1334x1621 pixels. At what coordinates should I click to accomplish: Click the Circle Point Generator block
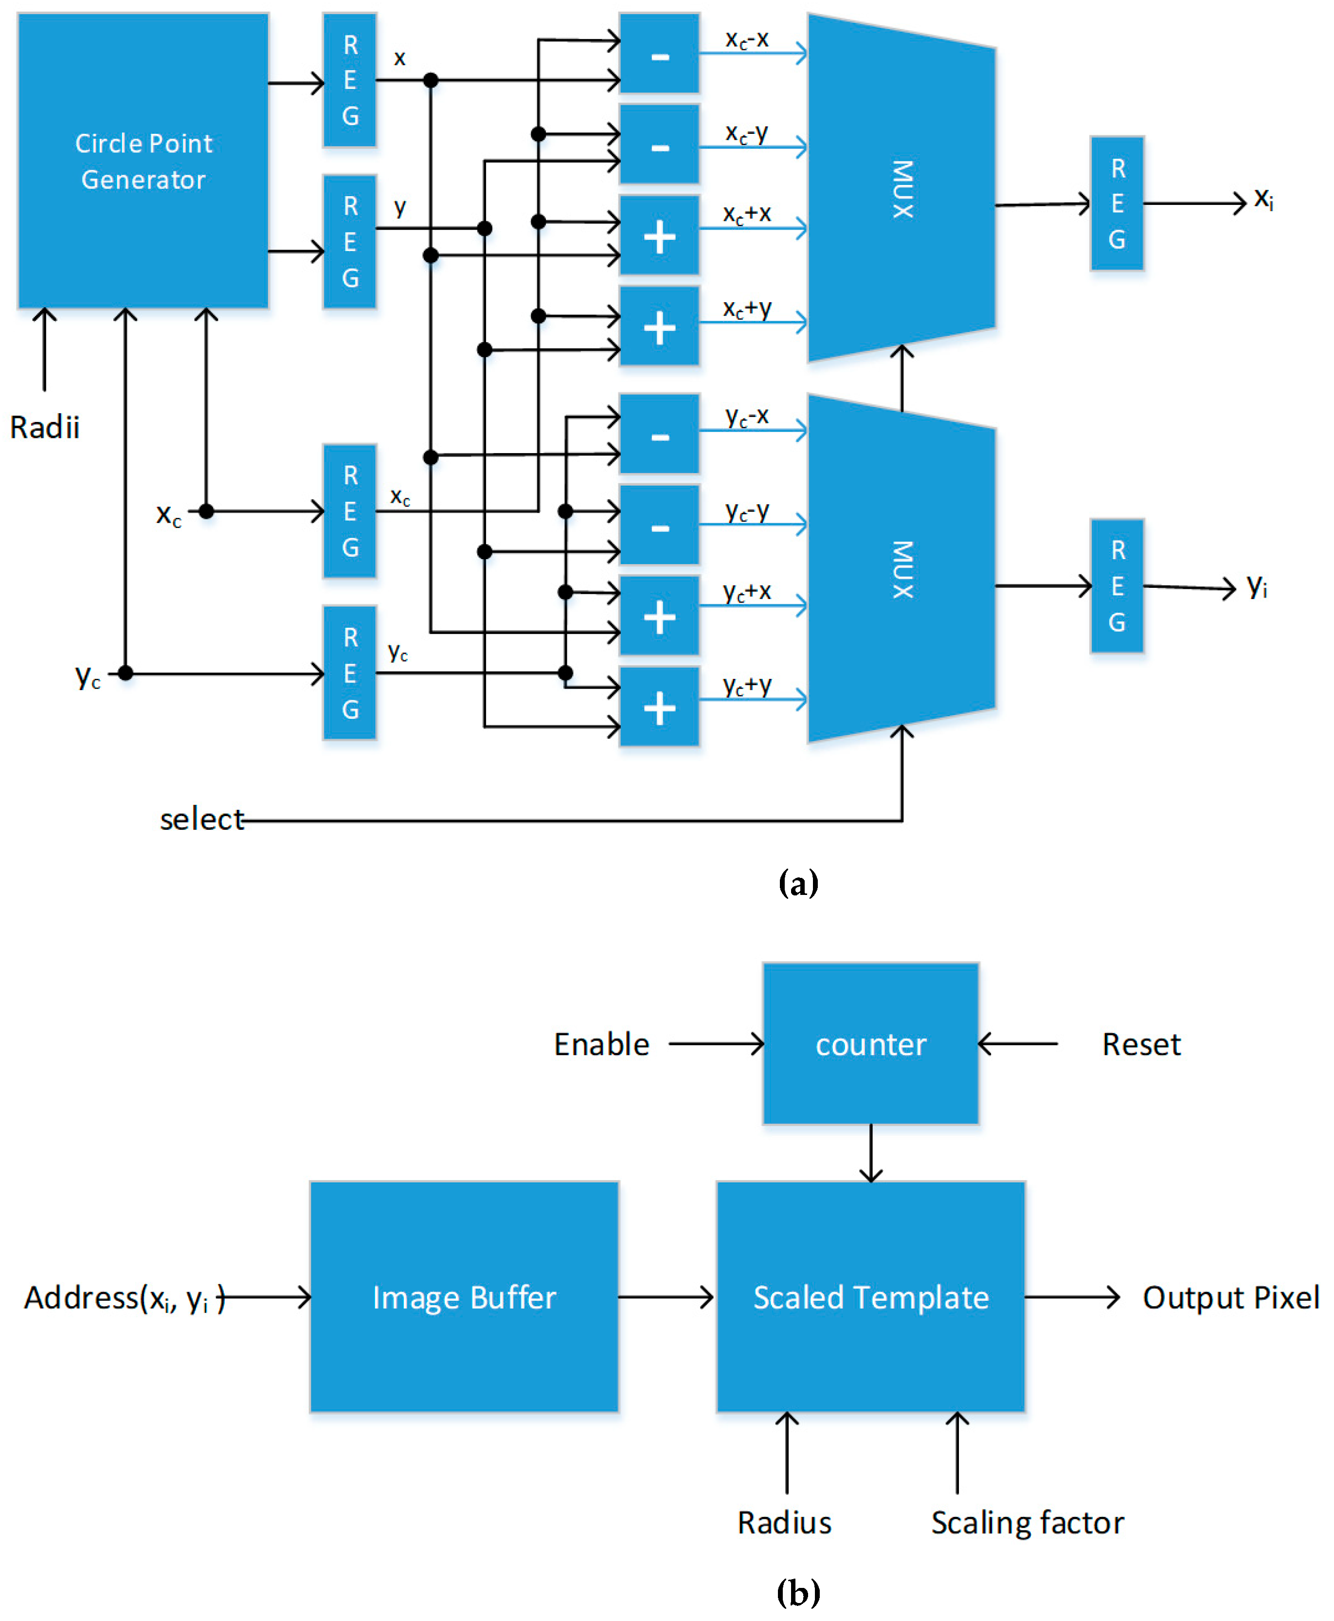143,161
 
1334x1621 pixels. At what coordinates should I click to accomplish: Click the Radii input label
45,427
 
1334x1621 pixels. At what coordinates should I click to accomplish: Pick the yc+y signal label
746,685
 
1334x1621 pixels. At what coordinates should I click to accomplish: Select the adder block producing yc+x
659,616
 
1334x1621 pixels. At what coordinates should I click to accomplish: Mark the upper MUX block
901,188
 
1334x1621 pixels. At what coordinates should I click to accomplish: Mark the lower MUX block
901,569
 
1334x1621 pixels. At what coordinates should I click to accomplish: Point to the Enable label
602,1044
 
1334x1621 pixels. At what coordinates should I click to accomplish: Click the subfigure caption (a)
798,882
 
